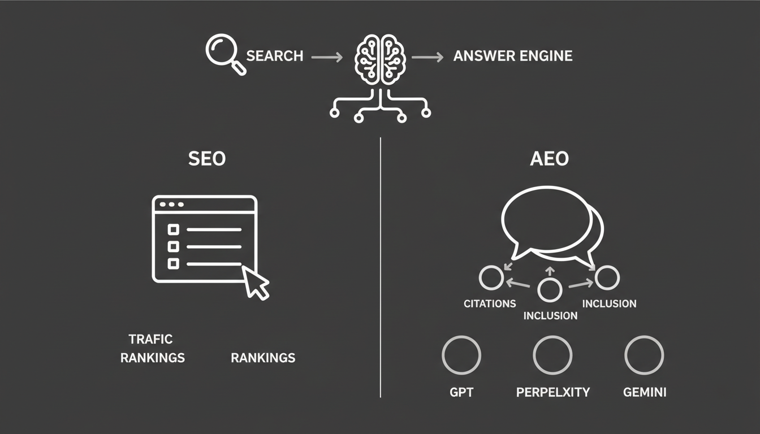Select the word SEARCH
coord(274,56)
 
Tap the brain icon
coord(380,59)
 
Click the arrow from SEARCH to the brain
coord(327,57)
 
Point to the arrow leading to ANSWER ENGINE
coord(427,57)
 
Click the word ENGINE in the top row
coord(546,56)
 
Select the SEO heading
coord(207,158)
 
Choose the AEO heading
coord(549,158)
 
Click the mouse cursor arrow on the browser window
coord(255,282)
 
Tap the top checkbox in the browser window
coord(174,229)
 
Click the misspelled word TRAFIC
coord(150,339)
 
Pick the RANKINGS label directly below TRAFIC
coord(153,358)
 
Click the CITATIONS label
coord(490,303)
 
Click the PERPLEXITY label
coord(553,392)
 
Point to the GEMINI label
coord(645,392)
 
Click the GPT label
coord(461,392)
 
